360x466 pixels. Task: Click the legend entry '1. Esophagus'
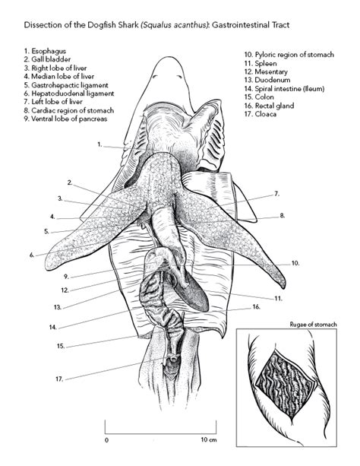click(x=45, y=51)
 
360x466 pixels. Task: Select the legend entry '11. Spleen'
click(x=261, y=63)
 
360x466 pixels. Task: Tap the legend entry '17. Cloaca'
click(x=261, y=114)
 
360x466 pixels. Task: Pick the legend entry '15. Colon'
click(x=259, y=97)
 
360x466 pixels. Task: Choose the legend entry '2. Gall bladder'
click(x=47, y=59)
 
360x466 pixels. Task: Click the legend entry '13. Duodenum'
click(x=267, y=80)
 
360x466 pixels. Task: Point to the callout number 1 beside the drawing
click(x=99, y=144)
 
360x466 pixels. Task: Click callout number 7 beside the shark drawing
click(x=276, y=194)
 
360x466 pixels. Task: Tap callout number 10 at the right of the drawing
click(x=295, y=263)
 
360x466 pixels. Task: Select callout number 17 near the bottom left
click(x=59, y=379)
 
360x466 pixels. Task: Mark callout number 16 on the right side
click(x=257, y=306)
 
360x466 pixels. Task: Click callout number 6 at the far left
click(x=32, y=255)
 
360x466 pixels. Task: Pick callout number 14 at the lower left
click(x=53, y=327)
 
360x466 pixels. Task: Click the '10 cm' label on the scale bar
click(x=209, y=439)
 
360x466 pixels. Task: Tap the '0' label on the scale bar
click(x=106, y=440)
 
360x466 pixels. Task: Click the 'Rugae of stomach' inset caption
click(x=313, y=325)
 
